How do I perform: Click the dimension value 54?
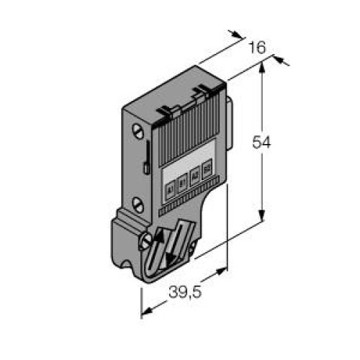261,143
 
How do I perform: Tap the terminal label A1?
170,189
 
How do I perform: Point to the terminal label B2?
207,169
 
